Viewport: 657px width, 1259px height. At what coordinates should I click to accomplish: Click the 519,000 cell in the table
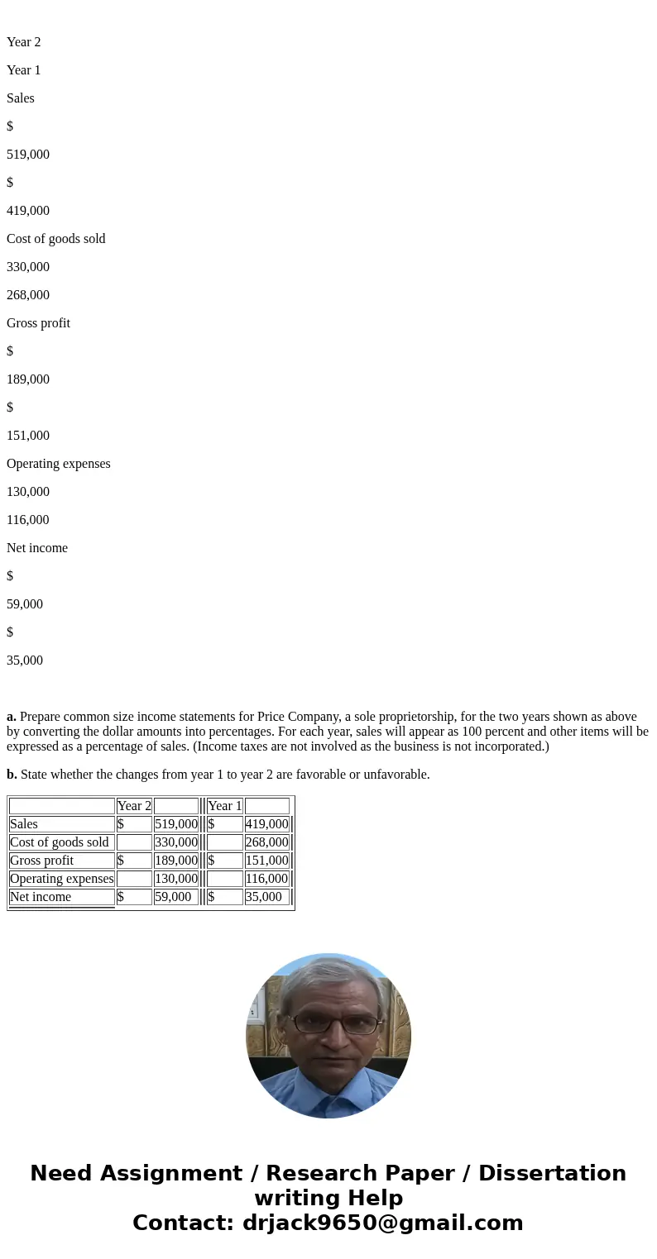[x=176, y=824]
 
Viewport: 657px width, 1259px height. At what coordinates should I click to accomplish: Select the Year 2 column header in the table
[x=134, y=806]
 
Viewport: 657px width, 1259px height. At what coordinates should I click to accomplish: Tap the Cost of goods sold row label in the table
[x=60, y=842]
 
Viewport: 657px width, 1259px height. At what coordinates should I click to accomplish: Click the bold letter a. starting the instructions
[x=12, y=717]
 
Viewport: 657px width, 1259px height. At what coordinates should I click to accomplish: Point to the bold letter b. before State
[x=12, y=775]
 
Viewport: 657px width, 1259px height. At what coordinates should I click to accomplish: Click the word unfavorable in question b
[x=396, y=775]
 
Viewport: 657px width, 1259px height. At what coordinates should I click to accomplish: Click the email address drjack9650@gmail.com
[x=382, y=1223]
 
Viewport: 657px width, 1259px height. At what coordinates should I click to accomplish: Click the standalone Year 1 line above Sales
[x=23, y=70]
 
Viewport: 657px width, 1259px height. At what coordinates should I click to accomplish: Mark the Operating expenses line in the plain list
[x=58, y=464]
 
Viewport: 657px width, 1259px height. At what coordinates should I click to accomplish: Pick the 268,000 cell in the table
[x=266, y=842]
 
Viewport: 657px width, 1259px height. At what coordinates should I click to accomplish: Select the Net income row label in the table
[x=41, y=897]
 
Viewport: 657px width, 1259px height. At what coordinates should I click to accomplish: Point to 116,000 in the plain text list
[x=27, y=520]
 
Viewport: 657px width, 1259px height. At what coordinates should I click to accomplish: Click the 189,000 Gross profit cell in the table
[x=176, y=861]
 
